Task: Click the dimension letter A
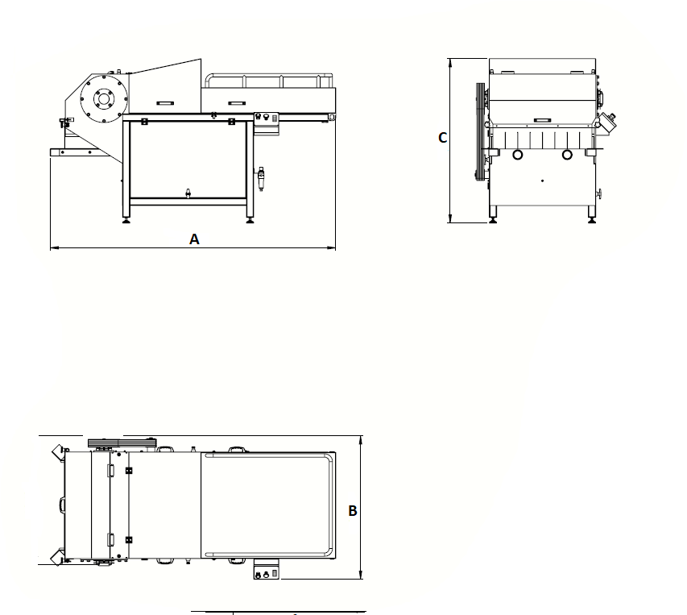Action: coord(194,239)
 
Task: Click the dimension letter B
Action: coord(353,511)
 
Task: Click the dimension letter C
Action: coord(442,138)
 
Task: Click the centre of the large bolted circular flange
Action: coord(104,98)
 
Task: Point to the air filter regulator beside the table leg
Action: coord(261,178)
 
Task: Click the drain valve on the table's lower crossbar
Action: coord(188,193)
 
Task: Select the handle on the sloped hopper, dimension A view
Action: coord(165,103)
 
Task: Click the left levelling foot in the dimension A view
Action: coord(126,219)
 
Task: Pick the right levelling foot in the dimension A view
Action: coord(250,219)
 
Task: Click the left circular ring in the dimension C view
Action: coord(517,155)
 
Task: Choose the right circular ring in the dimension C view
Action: coord(567,155)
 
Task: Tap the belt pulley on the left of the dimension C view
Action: coord(481,131)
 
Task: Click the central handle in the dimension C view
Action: coord(542,119)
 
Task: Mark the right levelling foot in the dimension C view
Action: coord(591,218)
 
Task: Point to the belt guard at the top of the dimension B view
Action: coord(122,443)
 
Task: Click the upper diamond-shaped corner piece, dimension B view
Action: coord(57,452)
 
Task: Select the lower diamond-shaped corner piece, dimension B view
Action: coord(57,557)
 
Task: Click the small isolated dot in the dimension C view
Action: coord(542,181)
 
